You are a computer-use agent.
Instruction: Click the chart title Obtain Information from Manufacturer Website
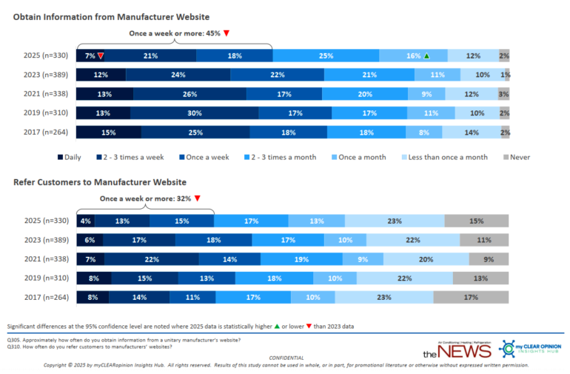tap(111, 16)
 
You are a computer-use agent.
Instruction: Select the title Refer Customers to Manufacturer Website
tap(100, 182)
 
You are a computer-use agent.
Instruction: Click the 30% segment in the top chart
tap(194, 113)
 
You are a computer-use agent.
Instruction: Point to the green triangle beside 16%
tap(426, 56)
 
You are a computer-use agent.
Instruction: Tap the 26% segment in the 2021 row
tap(190, 94)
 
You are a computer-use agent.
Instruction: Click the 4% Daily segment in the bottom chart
tap(86, 221)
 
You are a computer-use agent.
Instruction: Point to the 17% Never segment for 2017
tap(472, 297)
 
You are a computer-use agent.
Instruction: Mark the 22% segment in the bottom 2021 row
tap(151, 258)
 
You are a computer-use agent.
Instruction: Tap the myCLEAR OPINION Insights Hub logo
tap(529, 349)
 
